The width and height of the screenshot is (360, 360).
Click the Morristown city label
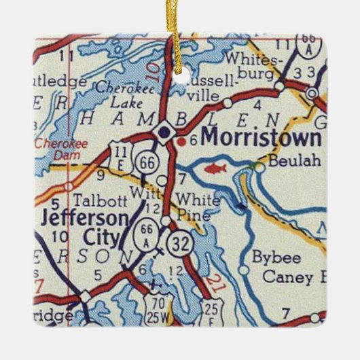[261, 138]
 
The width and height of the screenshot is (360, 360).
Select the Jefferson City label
[83, 228]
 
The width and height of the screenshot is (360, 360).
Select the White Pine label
[198, 206]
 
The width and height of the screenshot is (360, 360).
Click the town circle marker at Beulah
[259, 165]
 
